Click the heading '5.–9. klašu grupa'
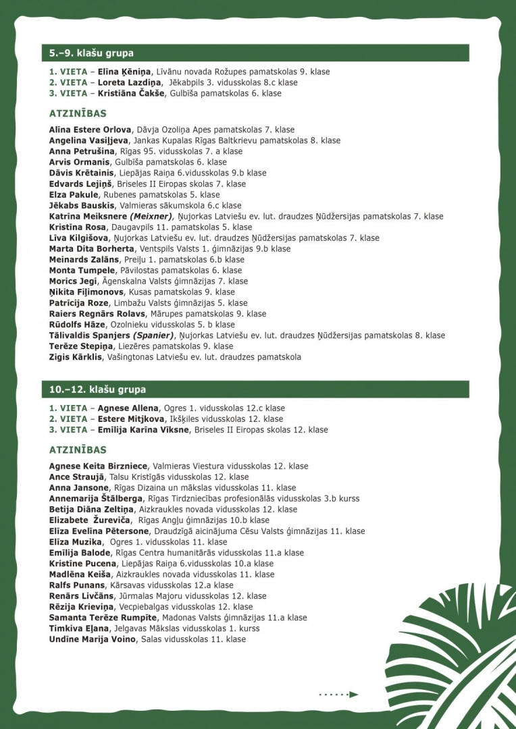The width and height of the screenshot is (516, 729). pyautogui.click(x=91, y=53)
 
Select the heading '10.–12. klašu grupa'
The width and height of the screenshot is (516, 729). pyautogui.click(x=97, y=389)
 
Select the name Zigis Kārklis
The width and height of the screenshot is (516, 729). pyautogui.click(x=77, y=357)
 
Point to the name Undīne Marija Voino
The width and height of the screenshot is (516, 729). pyautogui.click(x=92, y=639)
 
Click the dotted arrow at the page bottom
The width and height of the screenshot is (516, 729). pyautogui.click(x=338, y=694)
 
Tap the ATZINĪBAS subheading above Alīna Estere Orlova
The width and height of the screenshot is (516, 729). pyautogui.click(x=78, y=113)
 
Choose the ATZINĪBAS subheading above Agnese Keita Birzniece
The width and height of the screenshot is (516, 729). pyautogui.click(x=78, y=450)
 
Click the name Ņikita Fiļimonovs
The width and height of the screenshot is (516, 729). pyautogui.click(x=86, y=292)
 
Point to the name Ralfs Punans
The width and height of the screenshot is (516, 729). pyautogui.click(x=77, y=585)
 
